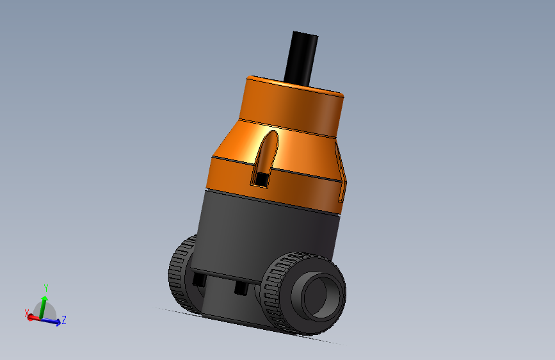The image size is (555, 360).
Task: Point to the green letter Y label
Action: point(46,288)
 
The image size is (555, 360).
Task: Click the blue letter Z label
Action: point(65,319)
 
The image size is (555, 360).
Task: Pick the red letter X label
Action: point(26,313)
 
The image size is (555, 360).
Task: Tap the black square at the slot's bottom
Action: point(261,179)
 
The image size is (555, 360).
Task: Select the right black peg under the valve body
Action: point(241,288)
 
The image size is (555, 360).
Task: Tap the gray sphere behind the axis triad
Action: point(51,311)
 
